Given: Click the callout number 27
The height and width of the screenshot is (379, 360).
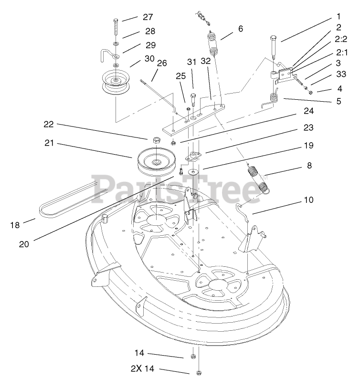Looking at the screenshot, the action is coord(148,17).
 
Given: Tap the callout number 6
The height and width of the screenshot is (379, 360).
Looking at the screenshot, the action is coord(240,29).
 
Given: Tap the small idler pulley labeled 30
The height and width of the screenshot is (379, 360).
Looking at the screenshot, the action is coord(115,83).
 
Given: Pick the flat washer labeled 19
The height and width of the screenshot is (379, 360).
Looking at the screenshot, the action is coord(193,171).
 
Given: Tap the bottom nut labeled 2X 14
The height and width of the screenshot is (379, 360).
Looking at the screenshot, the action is coord(198,372).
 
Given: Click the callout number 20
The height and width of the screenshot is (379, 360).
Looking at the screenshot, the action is coord(24,243).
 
